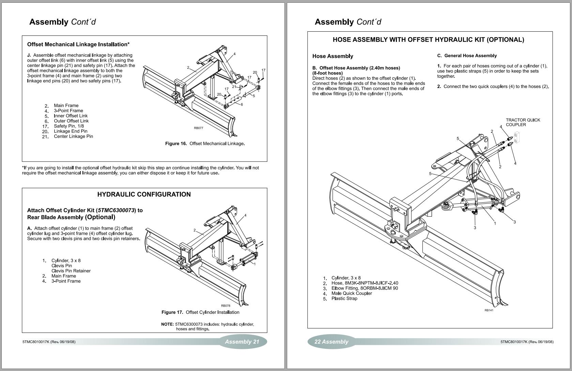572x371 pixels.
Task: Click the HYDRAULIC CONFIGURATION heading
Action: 144,195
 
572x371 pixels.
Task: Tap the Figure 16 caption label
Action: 176,143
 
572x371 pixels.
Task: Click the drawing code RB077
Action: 198,128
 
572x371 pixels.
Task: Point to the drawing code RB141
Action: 489,310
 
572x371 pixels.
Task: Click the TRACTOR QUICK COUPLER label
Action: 523,122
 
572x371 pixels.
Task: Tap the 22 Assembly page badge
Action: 331,342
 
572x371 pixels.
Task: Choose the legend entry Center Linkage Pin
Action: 73,136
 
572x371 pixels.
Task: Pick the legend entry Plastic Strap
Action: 344,298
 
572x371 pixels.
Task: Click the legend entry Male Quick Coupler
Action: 351,293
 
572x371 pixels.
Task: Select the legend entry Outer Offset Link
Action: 71,121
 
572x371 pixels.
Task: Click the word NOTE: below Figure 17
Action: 167,324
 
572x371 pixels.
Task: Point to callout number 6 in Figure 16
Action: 242,105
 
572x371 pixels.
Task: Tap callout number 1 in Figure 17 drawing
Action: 254,264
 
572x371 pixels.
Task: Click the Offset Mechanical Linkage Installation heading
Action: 78,44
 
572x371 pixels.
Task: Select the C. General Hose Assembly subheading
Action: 467,56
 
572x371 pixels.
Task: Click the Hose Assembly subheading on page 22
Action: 333,56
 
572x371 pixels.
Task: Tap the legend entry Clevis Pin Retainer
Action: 71,271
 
